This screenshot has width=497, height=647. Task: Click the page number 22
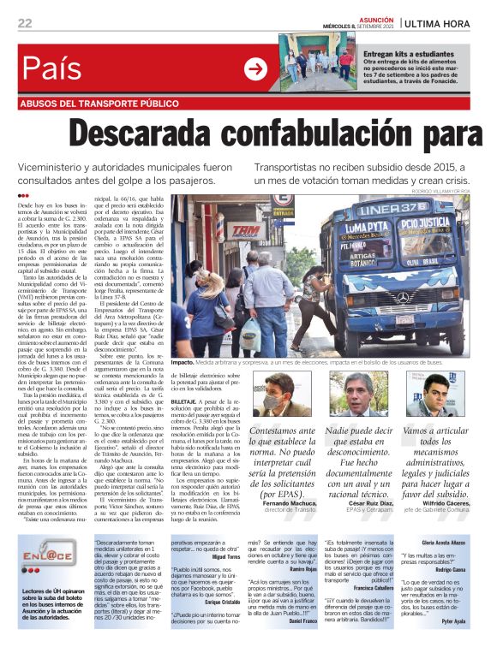coord(26,21)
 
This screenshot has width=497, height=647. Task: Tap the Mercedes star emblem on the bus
coord(404,297)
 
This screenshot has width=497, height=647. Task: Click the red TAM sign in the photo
coord(246,230)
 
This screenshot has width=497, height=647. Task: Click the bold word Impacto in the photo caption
coord(183,362)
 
